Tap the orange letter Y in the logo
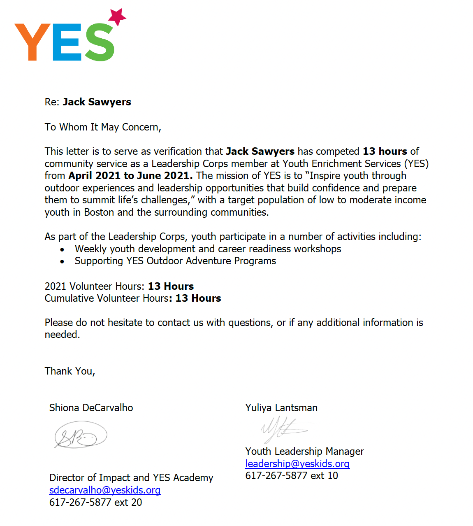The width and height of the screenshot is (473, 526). (x=32, y=42)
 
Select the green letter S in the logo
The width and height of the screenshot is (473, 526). (x=99, y=42)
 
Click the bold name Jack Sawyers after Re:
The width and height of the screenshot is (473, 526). (x=97, y=102)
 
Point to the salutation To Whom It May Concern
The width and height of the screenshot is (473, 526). (x=102, y=127)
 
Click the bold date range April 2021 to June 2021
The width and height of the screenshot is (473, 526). (x=130, y=176)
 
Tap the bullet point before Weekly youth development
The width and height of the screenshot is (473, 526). (x=62, y=250)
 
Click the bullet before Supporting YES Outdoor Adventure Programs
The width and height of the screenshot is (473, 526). (x=62, y=262)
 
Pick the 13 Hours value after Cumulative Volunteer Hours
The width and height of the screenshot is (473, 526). (x=198, y=298)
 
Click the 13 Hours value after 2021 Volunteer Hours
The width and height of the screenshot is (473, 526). (x=171, y=286)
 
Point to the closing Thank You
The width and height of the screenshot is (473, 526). (x=70, y=371)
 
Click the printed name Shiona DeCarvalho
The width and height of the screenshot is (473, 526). (x=91, y=408)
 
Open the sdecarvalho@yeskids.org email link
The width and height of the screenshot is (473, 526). (x=105, y=490)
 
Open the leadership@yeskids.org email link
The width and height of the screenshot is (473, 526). (x=297, y=464)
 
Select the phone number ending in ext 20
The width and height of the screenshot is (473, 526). (x=95, y=503)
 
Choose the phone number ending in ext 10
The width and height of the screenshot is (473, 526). (x=292, y=476)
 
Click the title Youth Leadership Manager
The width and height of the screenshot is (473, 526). (x=304, y=452)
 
